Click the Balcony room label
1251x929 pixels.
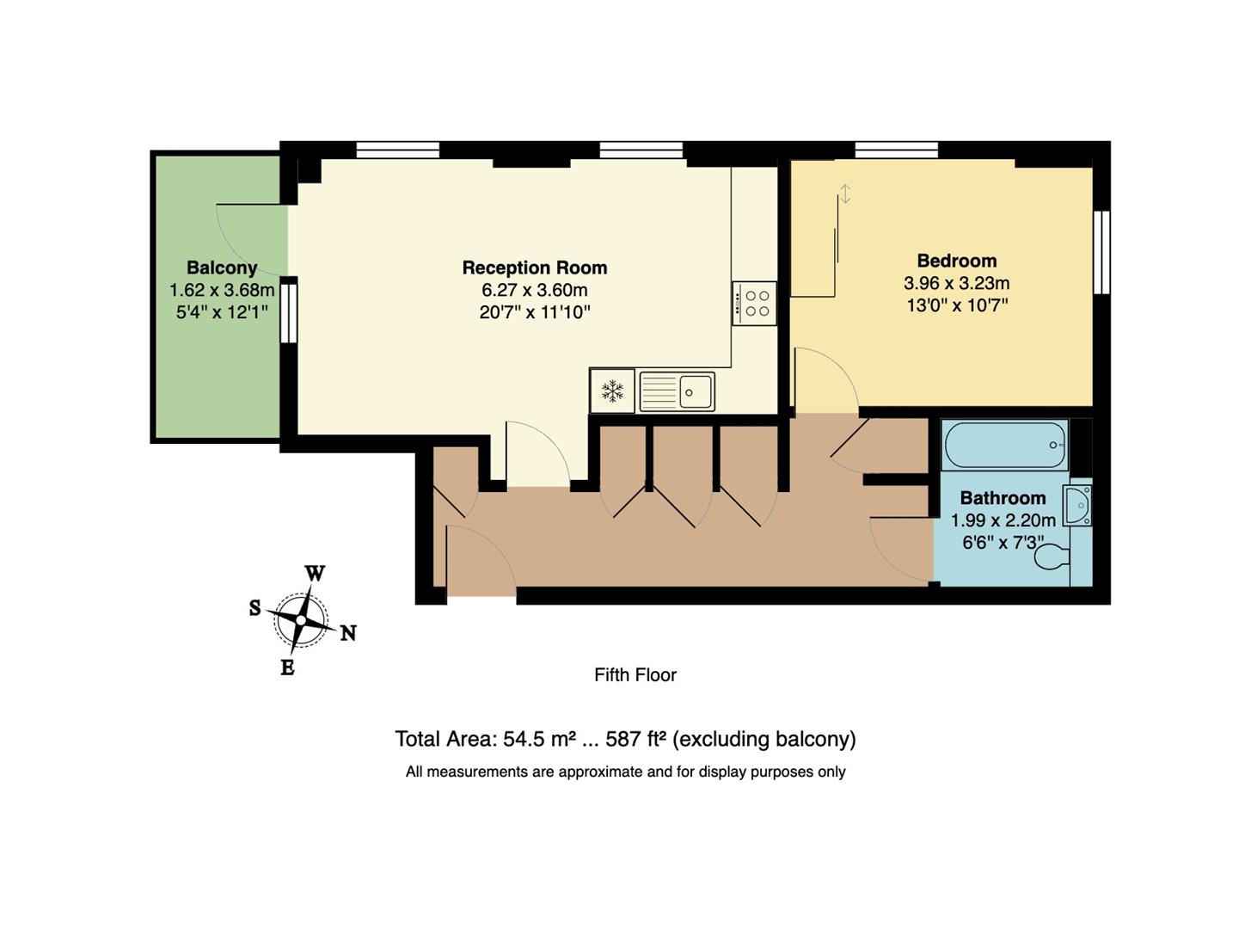pos(222,268)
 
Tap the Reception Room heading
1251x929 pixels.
pos(534,268)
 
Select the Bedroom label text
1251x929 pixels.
pos(956,261)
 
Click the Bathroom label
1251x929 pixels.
pos(1003,498)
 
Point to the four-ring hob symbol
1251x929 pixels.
pos(754,304)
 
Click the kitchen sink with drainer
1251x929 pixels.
pos(677,391)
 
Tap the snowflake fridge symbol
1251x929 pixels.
pos(612,391)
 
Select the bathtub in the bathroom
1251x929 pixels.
pos(1004,445)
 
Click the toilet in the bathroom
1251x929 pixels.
pos(1052,558)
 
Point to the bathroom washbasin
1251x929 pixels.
pos(1077,505)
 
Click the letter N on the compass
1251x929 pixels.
pos(347,634)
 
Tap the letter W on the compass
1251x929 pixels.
pos(315,574)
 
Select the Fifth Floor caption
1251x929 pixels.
pos(635,675)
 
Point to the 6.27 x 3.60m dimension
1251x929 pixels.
pos(534,290)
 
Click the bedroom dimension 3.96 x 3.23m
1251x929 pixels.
pos(956,283)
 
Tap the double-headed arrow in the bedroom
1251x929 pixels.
pos(845,194)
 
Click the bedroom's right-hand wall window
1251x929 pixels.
pos(1101,252)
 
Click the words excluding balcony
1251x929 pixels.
pos(764,739)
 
